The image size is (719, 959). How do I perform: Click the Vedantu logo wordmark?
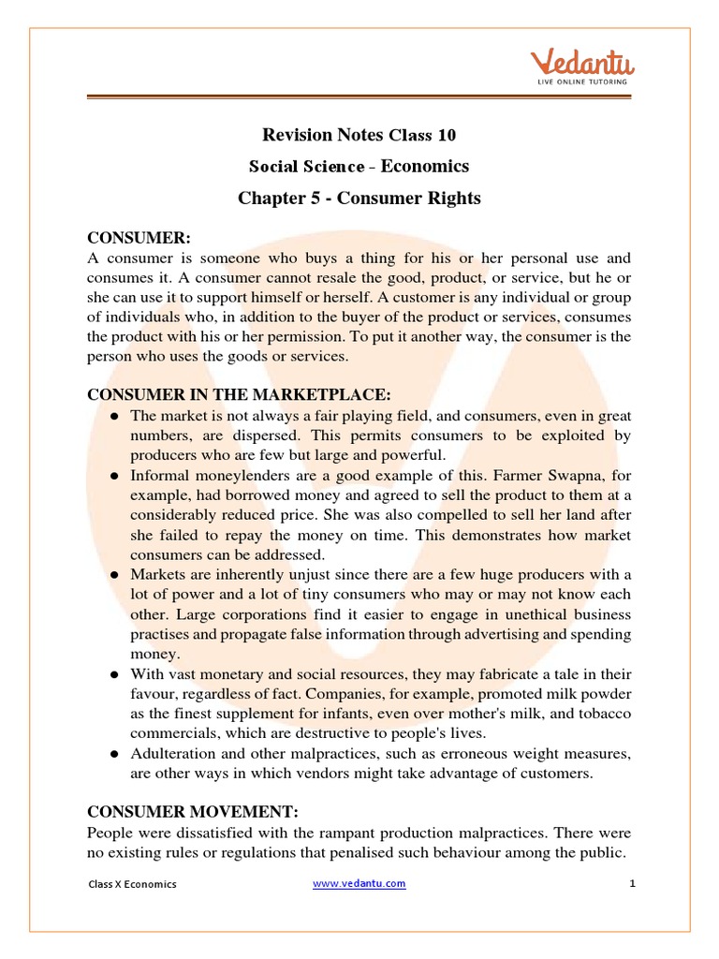point(583,65)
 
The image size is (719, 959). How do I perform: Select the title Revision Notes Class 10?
point(359,136)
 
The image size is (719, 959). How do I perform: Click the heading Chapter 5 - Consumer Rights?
point(359,198)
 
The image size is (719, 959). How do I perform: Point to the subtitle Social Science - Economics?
point(359,167)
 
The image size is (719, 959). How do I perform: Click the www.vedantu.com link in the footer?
point(359,883)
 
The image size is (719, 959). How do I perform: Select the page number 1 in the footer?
point(632,883)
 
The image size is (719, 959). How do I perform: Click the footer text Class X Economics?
point(132,884)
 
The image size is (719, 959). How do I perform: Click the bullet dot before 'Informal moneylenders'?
point(114,476)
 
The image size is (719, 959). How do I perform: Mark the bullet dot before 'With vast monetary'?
point(114,674)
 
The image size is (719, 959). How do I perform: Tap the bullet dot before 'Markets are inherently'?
point(114,574)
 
